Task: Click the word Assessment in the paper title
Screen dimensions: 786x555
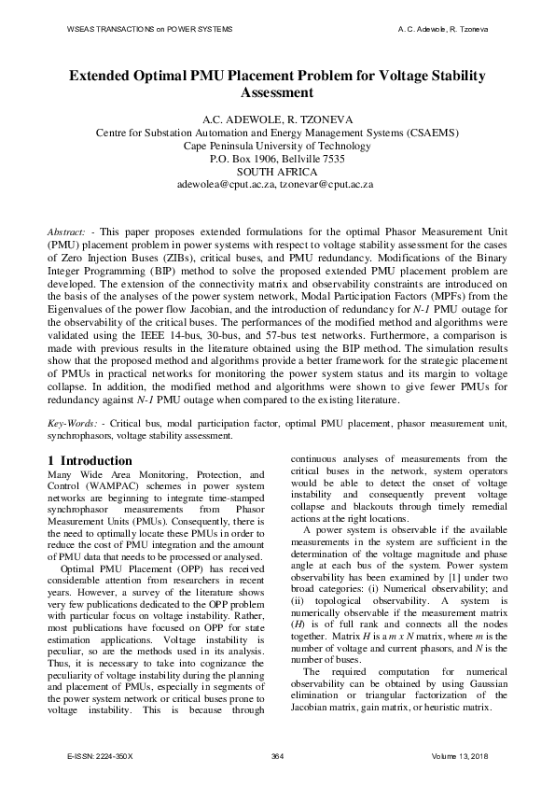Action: click(x=277, y=93)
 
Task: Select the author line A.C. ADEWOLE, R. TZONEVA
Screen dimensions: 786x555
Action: click(x=277, y=119)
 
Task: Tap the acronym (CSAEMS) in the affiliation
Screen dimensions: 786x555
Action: click(x=432, y=133)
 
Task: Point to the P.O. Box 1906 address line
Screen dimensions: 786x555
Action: click(x=277, y=159)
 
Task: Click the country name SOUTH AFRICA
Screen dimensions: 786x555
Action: click(x=277, y=172)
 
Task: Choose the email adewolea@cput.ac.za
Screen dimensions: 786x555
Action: click(x=225, y=185)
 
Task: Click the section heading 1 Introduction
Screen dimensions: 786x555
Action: click(x=90, y=460)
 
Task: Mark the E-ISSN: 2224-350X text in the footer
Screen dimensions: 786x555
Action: click(x=101, y=755)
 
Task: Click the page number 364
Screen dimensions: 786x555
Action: click(x=277, y=755)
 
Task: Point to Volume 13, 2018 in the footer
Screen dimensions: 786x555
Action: click(x=461, y=755)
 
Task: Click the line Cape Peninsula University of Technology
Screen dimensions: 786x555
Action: click(x=277, y=146)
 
